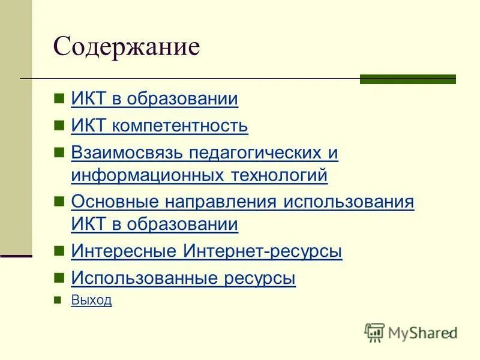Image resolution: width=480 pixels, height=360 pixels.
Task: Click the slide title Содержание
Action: (x=126, y=47)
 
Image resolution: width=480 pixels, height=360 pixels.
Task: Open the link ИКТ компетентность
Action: (x=159, y=126)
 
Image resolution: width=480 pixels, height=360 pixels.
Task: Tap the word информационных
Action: (x=147, y=176)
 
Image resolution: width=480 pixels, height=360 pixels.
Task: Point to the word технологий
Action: (x=277, y=176)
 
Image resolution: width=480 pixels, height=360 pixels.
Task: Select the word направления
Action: (x=218, y=202)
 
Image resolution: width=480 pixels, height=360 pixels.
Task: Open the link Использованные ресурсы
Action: (x=183, y=278)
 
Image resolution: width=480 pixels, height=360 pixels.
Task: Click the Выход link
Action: (x=91, y=300)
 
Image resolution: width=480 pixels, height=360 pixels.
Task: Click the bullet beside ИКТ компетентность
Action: (x=58, y=125)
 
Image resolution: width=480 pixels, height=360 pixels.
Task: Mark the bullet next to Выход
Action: (x=58, y=300)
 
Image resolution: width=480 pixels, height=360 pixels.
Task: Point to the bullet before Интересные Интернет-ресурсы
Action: (x=58, y=251)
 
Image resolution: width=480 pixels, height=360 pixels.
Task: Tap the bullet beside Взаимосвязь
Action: (x=58, y=152)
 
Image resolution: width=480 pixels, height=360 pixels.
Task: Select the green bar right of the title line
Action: (x=407, y=79)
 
